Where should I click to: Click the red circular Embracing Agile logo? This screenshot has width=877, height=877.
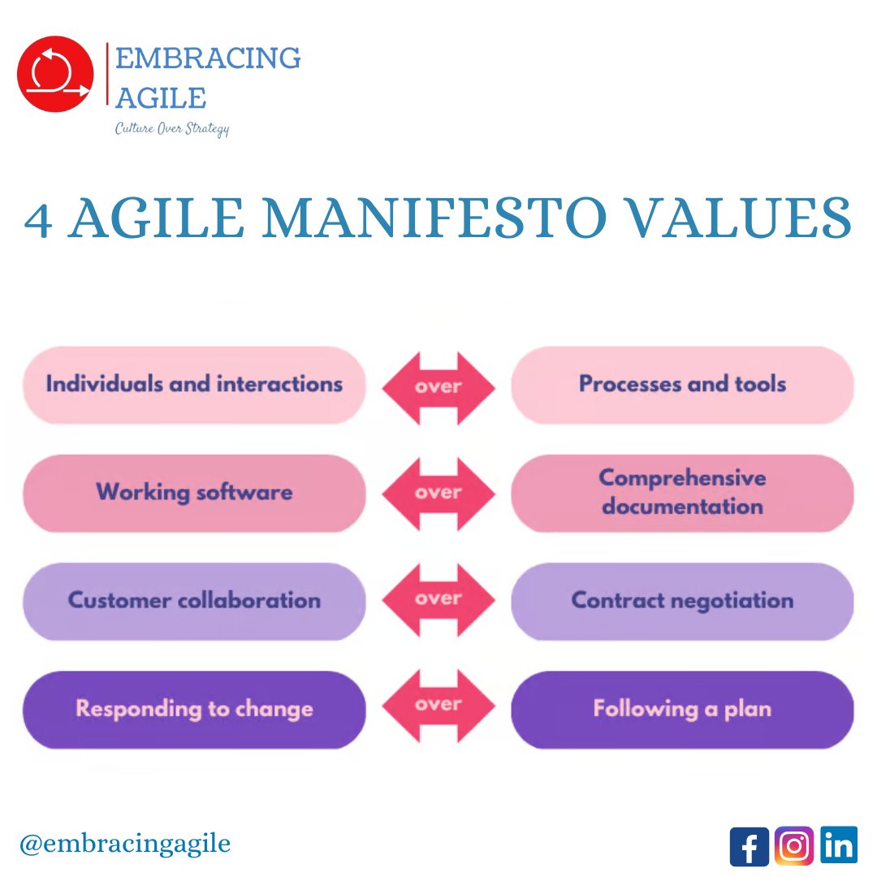(x=55, y=74)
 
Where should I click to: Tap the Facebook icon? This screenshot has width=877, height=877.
(x=749, y=846)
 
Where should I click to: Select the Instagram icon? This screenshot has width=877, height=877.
(x=793, y=845)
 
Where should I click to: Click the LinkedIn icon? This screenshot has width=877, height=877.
(x=838, y=845)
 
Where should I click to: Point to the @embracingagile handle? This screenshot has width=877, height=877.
(x=127, y=843)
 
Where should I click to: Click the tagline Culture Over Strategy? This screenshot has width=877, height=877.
(x=171, y=128)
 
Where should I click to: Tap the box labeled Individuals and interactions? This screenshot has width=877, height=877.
(x=194, y=384)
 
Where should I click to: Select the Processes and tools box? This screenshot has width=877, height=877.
(x=682, y=384)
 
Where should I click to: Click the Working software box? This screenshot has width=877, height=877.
(x=194, y=492)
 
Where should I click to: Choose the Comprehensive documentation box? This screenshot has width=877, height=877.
(x=682, y=492)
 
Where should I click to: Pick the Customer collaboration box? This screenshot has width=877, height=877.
(x=194, y=601)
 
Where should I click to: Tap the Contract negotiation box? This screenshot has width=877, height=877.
(x=682, y=601)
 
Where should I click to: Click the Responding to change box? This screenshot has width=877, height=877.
(x=194, y=709)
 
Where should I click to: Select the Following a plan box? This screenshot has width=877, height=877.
(x=682, y=709)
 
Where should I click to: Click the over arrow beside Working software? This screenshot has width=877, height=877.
(x=438, y=493)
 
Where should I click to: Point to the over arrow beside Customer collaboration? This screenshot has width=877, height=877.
(x=438, y=599)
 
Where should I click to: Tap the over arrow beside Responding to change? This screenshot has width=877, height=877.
(x=438, y=705)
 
